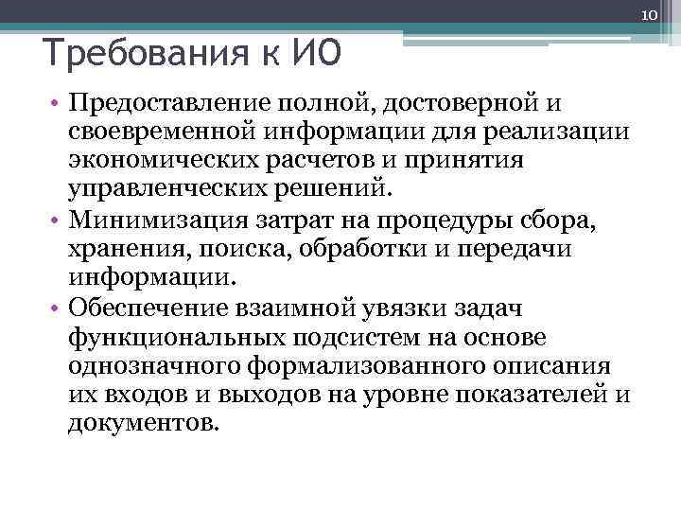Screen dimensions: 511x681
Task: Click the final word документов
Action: [143, 425]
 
